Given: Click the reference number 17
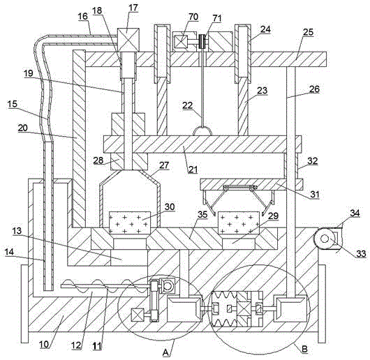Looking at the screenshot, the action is click(x=133, y=8).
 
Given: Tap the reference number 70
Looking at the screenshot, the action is click(x=193, y=17).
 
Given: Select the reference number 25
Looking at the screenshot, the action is click(x=308, y=32).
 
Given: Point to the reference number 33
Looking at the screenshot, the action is click(x=361, y=253).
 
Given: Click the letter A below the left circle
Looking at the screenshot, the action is click(x=166, y=352).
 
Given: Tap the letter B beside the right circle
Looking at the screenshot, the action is click(x=304, y=349).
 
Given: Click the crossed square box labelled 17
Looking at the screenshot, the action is click(x=128, y=40).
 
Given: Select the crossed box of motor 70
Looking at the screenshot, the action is click(x=182, y=42).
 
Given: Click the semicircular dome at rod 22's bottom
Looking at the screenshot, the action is click(x=202, y=131).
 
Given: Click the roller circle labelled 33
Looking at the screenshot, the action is click(x=325, y=239).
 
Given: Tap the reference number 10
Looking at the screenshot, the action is click(x=44, y=345).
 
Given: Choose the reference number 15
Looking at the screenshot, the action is click(x=13, y=103).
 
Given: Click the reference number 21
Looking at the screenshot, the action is click(x=193, y=170).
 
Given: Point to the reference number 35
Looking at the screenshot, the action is click(x=202, y=215).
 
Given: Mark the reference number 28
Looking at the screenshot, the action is click(x=98, y=160).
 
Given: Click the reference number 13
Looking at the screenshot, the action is click(x=17, y=231).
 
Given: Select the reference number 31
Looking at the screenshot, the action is click(x=315, y=195).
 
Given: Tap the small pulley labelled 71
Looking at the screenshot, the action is click(x=202, y=42).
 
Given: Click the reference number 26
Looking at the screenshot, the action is click(x=315, y=89).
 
